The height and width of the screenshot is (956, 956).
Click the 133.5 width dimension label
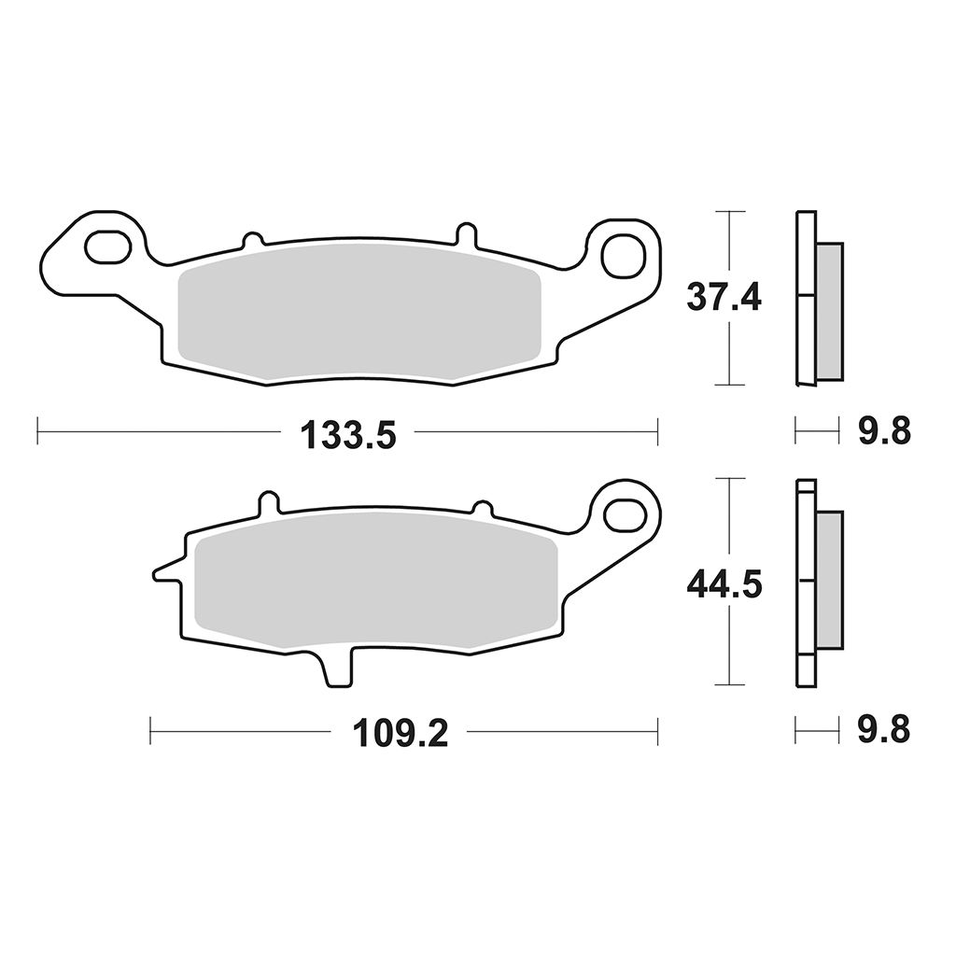(x=348, y=435)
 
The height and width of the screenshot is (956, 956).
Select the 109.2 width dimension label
(x=400, y=734)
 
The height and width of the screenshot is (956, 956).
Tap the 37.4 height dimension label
(x=724, y=298)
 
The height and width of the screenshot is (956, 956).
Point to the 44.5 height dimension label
(x=724, y=585)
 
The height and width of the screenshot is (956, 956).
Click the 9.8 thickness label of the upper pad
(x=884, y=431)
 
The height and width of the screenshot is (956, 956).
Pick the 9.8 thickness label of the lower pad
(x=884, y=730)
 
